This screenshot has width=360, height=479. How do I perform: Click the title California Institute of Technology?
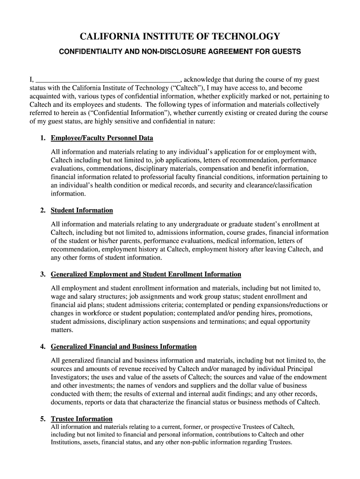click(180, 37)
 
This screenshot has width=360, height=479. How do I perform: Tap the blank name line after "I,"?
click(108, 80)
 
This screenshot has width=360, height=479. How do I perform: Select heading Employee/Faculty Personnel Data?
click(102, 138)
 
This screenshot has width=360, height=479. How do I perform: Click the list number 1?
click(43, 138)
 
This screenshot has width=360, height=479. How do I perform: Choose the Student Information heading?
click(82, 210)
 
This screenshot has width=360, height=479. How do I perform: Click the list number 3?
click(43, 275)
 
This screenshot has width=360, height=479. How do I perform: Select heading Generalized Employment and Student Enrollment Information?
click(146, 275)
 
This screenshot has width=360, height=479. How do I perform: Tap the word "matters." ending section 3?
click(62, 330)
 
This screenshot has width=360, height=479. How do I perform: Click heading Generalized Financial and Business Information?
click(123, 347)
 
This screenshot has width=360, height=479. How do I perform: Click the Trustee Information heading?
click(82, 419)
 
